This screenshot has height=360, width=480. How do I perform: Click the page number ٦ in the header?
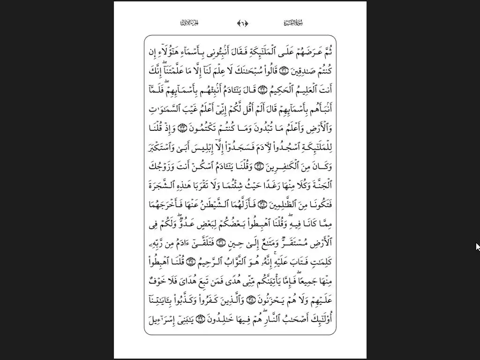(x=243, y=23)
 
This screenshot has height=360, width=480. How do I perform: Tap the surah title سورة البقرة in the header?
(x=294, y=23)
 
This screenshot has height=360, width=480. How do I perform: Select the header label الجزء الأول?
(x=190, y=23)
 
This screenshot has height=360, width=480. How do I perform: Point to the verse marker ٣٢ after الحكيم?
(x=262, y=90)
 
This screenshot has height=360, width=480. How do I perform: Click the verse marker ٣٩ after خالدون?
(x=201, y=319)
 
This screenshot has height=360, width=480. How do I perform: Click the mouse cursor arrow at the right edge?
(x=477, y=247)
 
